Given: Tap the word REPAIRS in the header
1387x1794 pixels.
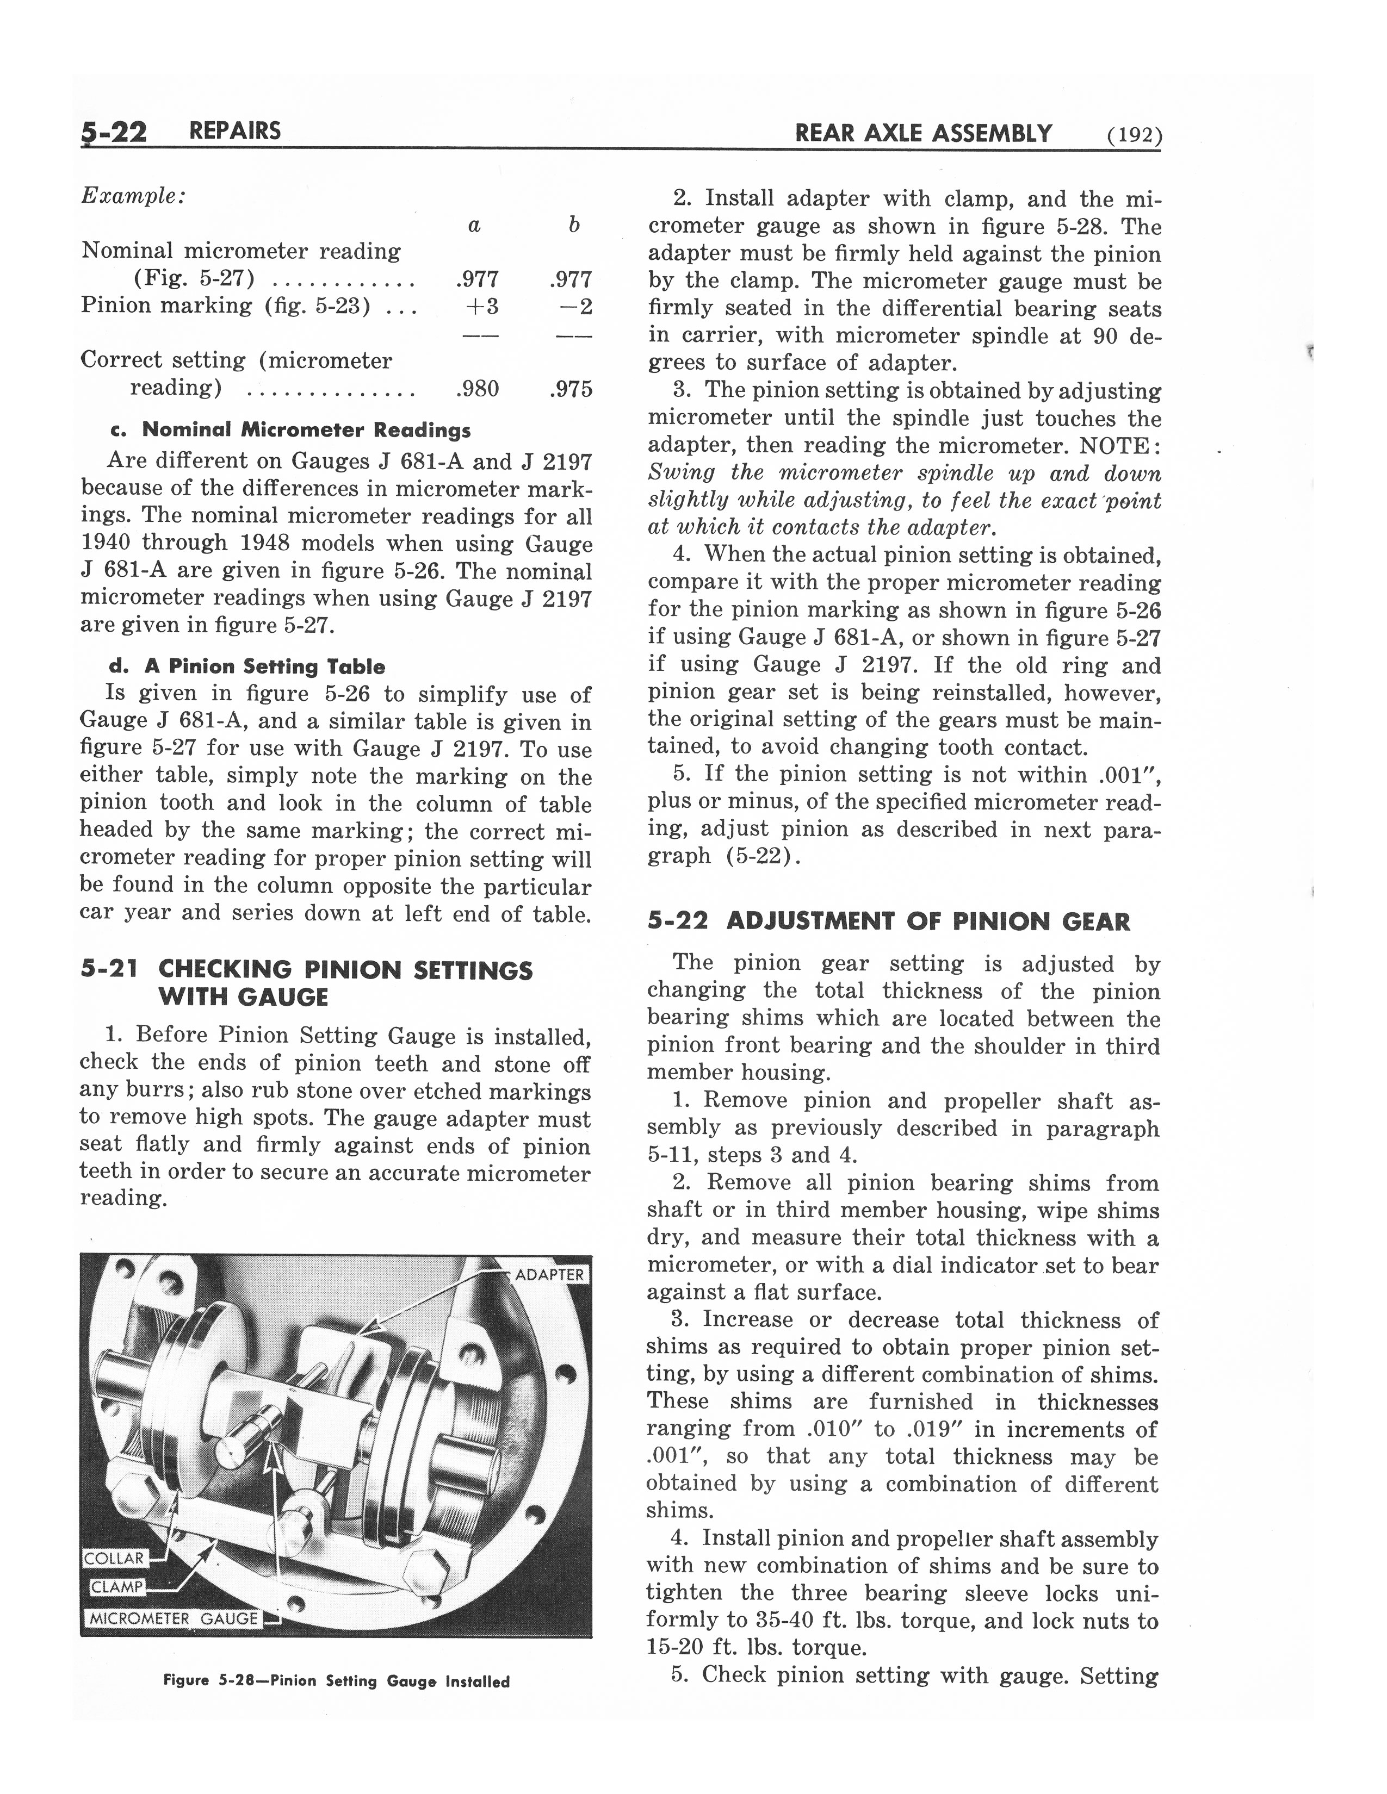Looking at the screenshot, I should pyautogui.click(x=234, y=130).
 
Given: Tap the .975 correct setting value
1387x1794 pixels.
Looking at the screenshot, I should pyautogui.click(x=570, y=388).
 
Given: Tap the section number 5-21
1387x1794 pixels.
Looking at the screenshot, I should pyautogui.click(x=108, y=969).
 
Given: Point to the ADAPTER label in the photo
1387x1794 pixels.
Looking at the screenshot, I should pyautogui.click(x=548, y=1275).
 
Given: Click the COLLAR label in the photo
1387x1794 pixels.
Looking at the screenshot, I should pyautogui.click(x=114, y=1558).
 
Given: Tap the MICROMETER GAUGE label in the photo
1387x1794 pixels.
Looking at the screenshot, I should pyautogui.click(x=172, y=1618).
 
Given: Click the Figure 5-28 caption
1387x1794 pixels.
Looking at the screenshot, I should pyautogui.click(x=336, y=1681).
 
